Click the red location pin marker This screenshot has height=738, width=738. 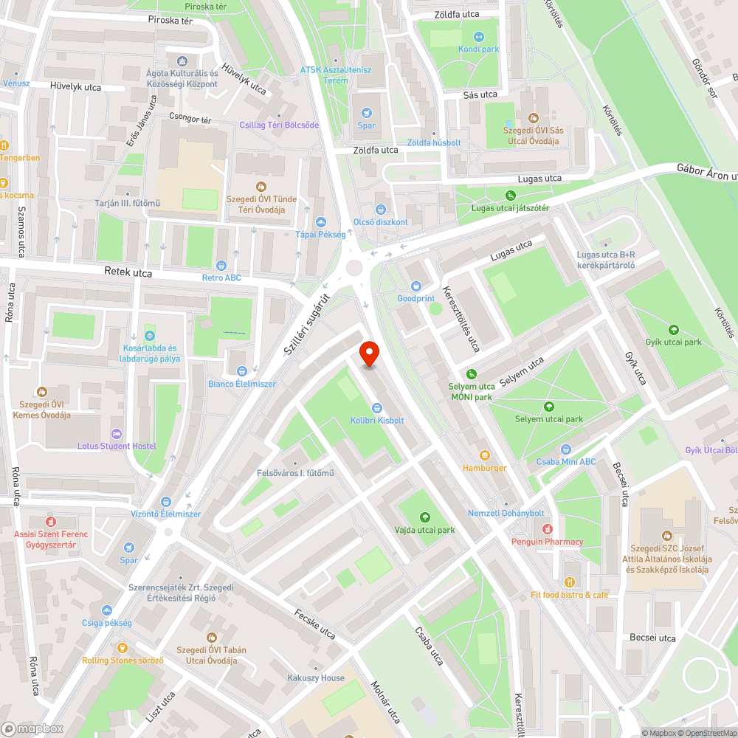click(368, 354)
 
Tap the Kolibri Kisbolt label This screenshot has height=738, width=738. click(377, 421)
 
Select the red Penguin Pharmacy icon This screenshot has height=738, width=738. click(547, 529)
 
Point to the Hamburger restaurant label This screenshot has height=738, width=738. click(484, 468)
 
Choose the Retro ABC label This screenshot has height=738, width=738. click(221, 278)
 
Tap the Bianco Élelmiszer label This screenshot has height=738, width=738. click(241, 384)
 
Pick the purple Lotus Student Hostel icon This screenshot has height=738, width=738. click(117, 433)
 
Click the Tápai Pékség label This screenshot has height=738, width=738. click(320, 234)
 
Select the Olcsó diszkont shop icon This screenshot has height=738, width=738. click(381, 210)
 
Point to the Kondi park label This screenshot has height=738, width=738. click(478, 49)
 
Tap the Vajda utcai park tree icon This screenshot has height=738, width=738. click(424, 517)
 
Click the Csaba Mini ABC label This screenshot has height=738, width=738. click(566, 462)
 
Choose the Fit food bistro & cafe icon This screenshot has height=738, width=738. click(569, 582)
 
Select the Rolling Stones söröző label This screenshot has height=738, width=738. click(123, 661)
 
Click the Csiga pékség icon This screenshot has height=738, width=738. click(107, 610)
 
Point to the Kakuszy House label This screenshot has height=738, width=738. click(316, 678)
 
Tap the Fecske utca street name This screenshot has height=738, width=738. click(314, 624)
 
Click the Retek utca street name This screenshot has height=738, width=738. click(128, 273)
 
